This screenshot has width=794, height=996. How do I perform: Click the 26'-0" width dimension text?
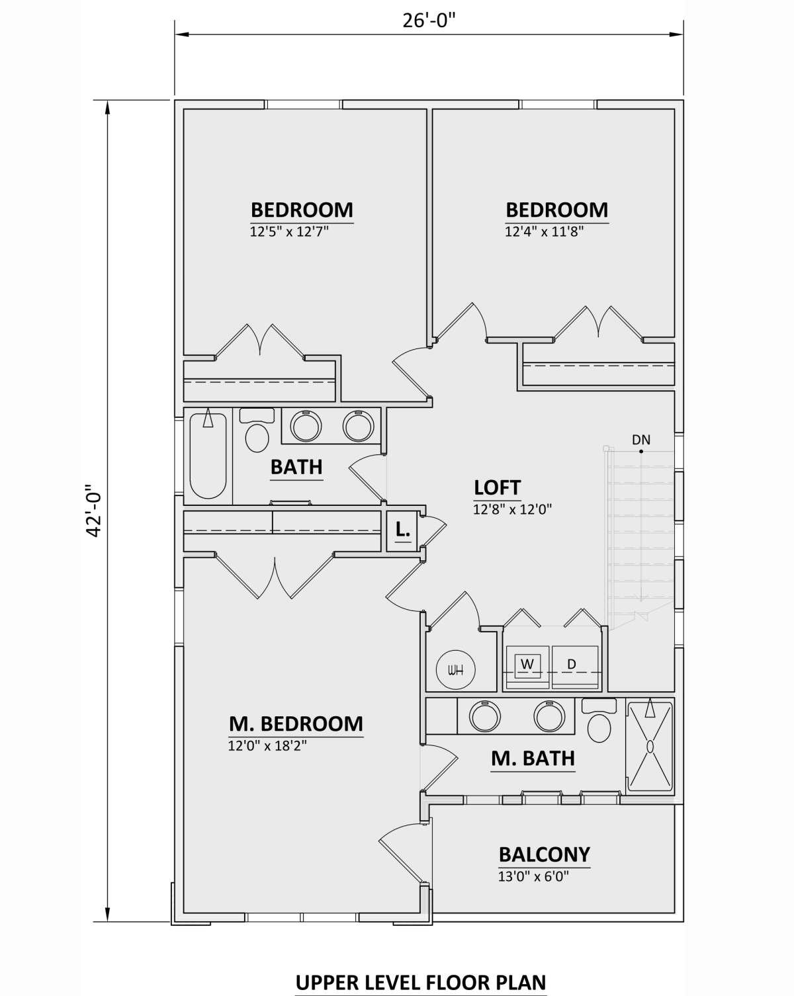pos(429,21)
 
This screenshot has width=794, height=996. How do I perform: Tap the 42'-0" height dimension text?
pos(93,511)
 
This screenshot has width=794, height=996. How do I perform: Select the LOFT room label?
pos(497,488)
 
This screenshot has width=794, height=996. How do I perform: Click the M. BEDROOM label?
pos(296,724)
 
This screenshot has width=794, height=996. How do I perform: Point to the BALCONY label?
pos(545,854)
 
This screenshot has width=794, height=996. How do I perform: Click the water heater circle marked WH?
pos(456,669)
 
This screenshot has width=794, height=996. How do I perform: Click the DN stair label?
pos(641,440)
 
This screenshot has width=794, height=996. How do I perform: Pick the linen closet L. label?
pos(403,530)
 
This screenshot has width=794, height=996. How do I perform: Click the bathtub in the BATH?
pos(208,456)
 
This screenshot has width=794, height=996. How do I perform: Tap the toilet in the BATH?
pos(257,429)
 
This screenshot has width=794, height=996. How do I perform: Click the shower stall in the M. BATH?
pos(650,746)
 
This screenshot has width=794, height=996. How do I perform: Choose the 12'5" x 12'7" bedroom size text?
pos(289,231)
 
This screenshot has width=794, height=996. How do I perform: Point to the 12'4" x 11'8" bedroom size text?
pos(544,231)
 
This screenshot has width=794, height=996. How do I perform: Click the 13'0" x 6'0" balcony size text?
pos(533,876)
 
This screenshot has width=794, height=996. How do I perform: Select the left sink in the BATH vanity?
pos(306,425)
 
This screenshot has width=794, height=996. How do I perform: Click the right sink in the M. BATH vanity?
pos(549,716)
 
